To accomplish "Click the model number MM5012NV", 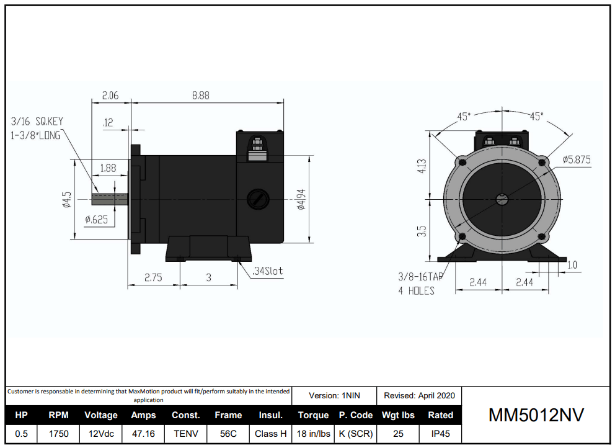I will pos(536,415).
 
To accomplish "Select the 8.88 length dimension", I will pos(200,96).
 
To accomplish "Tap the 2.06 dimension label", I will pos(110,96).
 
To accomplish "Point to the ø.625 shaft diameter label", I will pos(97,220).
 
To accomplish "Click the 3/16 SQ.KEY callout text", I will pos(37,122).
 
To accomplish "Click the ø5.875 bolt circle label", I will pos(576,159).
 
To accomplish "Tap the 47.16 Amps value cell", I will pos(143,434).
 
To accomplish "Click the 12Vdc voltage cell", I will pos(101,434).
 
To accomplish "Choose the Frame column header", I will pos(228,415).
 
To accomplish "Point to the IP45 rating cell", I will pos(440,434).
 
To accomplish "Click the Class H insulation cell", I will pos(270,434).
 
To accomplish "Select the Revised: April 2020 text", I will pos(419,395).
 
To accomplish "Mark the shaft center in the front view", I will pos(501,199).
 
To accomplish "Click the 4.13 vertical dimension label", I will pos(422,167).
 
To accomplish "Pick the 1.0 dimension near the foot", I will pos(572,265).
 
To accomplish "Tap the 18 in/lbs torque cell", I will pos(313,434).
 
